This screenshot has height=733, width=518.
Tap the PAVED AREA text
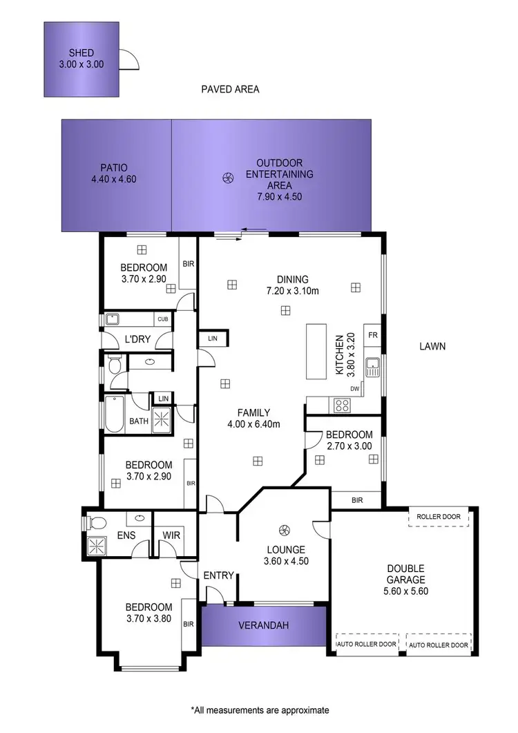tap(230, 89)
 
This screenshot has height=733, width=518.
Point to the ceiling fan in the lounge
tap(282, 530)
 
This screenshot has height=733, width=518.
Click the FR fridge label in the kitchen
tap(373, 335)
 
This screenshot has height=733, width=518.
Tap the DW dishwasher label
tap(355, 389)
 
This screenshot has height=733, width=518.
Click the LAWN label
tap(432, 346)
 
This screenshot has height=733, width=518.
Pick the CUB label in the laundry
tap(163, 319)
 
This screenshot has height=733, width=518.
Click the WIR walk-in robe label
tap(172, 535)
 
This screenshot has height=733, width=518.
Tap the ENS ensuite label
tap(126, 535)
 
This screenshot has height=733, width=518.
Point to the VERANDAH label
tap(263, 626)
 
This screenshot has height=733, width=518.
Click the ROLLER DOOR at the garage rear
tap(439, 517)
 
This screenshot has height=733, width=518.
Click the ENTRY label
tap(219, 575)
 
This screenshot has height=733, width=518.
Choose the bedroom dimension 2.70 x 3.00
tap(349, 446)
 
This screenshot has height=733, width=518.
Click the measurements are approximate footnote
tap(259, 710)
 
